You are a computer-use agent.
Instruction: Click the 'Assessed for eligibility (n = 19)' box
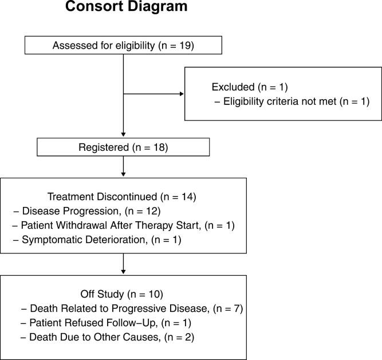[123, 46]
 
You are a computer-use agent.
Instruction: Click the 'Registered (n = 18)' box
[123, 147]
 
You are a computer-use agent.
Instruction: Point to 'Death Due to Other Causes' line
[107, 338]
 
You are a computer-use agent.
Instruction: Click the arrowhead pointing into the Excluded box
[182, 95]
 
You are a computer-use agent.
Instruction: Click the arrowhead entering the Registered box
[123, 135]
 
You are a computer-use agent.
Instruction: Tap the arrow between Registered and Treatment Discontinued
[123, 167]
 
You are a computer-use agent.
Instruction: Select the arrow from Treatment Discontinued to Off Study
[123, 264]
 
